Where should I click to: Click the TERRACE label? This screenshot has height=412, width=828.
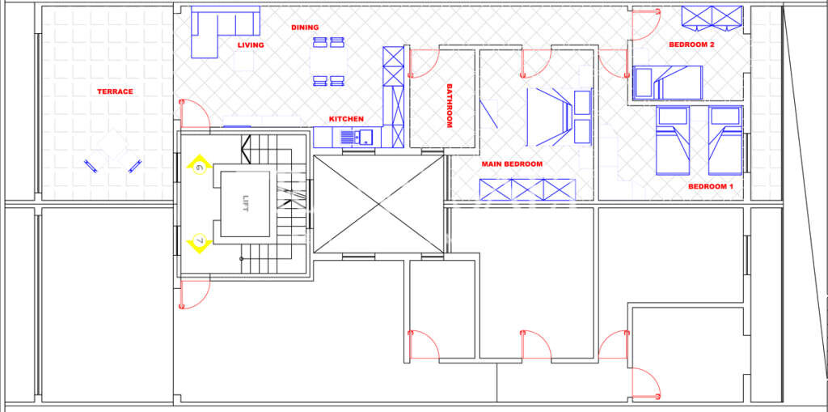tap(115, 91)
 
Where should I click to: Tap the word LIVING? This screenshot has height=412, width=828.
tap(251, 45)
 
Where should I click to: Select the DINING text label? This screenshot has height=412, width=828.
tap(305, 28)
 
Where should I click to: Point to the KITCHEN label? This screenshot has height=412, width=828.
tap(346, 119)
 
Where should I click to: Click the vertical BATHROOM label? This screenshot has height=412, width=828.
tap(450, 106)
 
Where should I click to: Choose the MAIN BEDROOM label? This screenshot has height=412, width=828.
tap(512, 164)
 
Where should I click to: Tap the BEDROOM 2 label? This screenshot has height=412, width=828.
tap(691, 45)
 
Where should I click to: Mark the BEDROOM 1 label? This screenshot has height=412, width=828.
tap(710, 186)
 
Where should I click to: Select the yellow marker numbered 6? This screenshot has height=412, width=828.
tap(199, 168)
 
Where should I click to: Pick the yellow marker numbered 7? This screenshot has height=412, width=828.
tap(199, 241)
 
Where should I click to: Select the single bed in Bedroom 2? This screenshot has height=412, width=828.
tap(668, 83)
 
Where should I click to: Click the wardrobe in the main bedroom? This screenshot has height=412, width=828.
tap(526, 189)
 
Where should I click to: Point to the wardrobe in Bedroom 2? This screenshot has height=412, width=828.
tap(712, 16)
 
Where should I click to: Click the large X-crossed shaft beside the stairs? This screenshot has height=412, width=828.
tap(378, 204)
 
